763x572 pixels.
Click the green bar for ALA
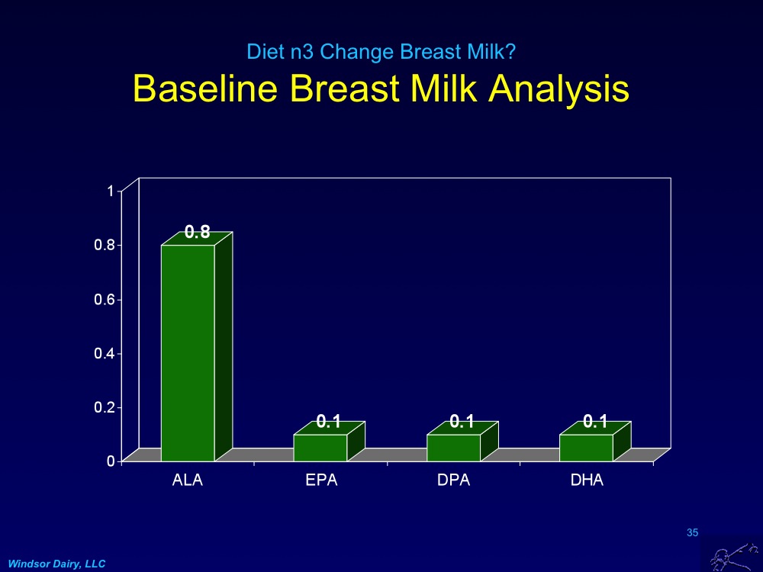point(188,352)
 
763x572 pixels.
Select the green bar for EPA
point(320,448)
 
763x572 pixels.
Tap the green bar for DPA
point(453,448)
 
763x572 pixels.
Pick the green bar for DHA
point(586,448)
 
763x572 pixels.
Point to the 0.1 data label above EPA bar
point(329,421)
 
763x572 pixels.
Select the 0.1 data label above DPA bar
point(462,421)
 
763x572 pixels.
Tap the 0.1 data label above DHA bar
point(594,421)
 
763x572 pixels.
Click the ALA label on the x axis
point(188,480)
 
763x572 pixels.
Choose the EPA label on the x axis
point(321,480)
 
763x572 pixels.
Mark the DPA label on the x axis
point(454,480)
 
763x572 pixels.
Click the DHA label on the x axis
point(587,480)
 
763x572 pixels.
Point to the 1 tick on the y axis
point(110,191)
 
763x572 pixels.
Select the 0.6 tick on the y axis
point(105,299)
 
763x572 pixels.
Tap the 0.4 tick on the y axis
point(105,353)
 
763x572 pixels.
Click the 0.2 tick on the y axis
point(105,407)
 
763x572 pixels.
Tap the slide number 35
point(693,532)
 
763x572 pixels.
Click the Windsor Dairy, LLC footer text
point(57,563)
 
